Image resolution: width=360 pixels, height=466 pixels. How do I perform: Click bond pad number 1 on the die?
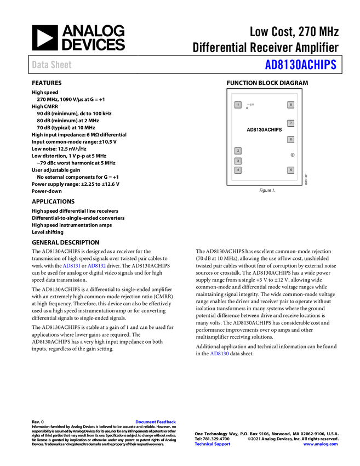tap(238, 105)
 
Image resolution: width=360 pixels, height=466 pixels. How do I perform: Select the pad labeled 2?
tap(238, 151)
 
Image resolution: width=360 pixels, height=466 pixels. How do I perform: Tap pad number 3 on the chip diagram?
tap(238, 161)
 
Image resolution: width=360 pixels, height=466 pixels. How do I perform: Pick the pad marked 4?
tap(238, 170)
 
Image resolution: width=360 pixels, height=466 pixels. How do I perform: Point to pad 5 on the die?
tap(291, 170)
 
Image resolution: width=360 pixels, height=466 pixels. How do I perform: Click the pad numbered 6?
tap(291, 140)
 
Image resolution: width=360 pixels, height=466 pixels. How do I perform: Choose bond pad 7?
tap(291, 123)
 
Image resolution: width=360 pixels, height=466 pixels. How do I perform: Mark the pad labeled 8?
tap(291, 105)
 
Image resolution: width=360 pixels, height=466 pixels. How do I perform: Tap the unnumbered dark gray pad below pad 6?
tap(292, 155)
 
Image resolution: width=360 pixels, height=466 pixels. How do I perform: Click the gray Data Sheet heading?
tap(52, 65)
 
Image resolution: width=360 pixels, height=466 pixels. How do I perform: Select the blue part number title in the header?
tap(300, 65)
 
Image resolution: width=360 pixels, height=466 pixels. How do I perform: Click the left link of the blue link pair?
tap(72, 266)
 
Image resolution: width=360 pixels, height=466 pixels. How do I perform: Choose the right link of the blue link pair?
tap(96, 266)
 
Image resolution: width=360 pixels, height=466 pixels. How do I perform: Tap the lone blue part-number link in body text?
tap(219, 354)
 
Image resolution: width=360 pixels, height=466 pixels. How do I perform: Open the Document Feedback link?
tap(156, 422)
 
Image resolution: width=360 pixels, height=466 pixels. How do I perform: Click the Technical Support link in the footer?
tap(213, 444)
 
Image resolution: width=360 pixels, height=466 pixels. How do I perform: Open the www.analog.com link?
tap(321, 444)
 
